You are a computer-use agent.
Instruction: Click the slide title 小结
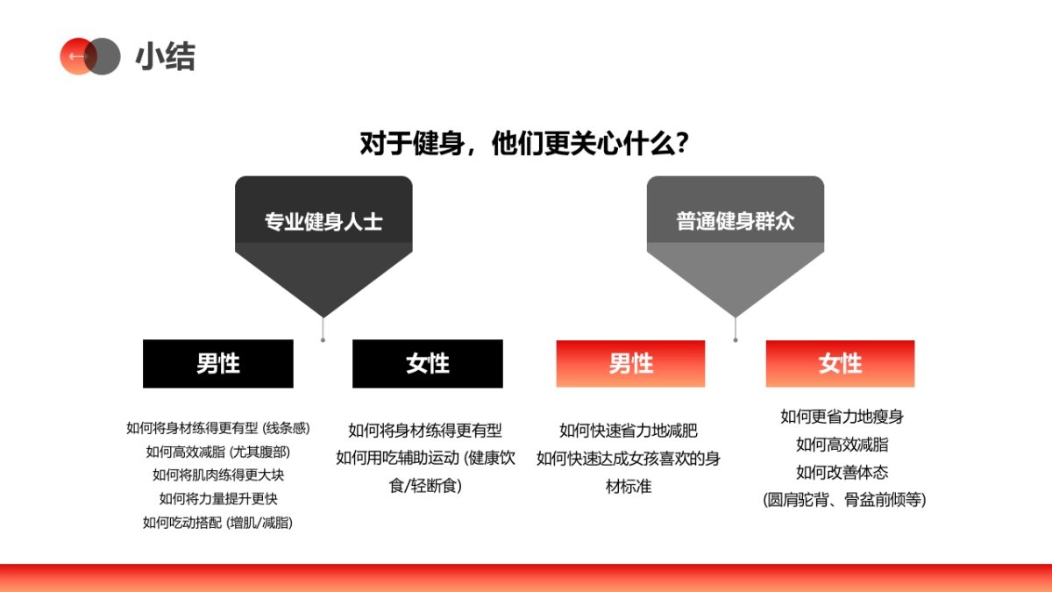pos(165,57)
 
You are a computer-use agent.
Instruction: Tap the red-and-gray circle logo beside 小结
pos(89,56)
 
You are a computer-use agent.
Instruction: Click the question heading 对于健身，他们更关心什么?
pos(523,144)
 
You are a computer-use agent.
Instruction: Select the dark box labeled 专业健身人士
pos(323,220)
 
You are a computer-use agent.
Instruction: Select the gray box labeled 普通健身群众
pos(735,220)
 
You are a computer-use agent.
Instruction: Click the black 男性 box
pos(218,363)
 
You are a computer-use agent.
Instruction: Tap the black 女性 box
pos(428,363)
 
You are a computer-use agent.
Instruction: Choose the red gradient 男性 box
pos(630,363)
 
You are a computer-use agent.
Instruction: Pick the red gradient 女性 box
pos(840,363)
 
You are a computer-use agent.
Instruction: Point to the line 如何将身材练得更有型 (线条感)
pos(217,428)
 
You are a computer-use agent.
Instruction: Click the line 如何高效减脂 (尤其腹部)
pos(217,452)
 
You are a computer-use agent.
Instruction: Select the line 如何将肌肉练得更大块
pos(217,475)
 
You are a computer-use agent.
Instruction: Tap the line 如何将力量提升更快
pos(217,499)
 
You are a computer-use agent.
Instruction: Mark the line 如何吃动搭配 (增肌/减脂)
pos(217,523)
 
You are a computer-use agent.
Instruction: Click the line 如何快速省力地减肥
pos(629,431)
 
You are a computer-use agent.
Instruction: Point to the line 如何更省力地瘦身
pos(842,417)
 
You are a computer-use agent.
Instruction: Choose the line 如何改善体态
pos(842,473)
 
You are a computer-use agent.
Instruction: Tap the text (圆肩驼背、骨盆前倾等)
pos(842,500)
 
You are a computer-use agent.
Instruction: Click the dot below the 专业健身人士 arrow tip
pos(323,339)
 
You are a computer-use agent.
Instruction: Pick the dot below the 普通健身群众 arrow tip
pos(735,339)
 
